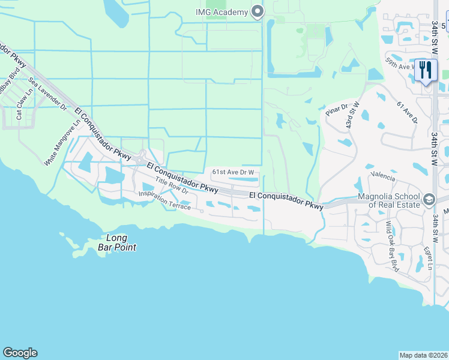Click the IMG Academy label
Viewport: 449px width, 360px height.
coord(222,12)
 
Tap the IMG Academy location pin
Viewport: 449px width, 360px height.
coord(258,12)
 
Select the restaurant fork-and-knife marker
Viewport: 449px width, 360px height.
coord(425,70)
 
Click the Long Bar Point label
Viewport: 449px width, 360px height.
coord(117,242)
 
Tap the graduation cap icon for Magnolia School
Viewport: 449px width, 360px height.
coord(429,199)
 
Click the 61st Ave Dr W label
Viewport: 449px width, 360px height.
coord(235,172)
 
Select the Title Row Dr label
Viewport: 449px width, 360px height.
coord(172,187)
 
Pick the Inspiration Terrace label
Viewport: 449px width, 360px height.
coord(164,200)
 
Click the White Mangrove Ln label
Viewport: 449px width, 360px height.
coord(63,144)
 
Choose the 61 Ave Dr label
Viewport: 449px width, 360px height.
coord(408,112)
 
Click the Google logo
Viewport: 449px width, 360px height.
coord(20,353)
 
